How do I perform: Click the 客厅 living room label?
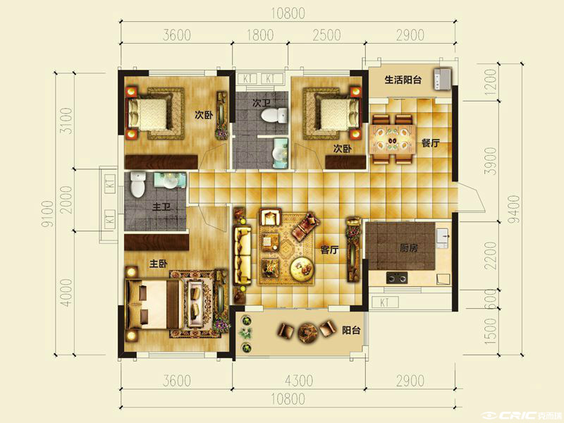tap(329, 250)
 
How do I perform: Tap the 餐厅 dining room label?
tap(430, 143)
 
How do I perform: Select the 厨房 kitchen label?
tap(409, 248)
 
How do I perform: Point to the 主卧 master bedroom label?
tap(158, 264)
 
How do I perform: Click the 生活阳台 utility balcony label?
tap(403, 80)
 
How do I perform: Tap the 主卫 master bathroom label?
tap(161, 207)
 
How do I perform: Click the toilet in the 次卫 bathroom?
tap(274, 115)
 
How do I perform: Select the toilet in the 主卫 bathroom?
tap(137, 185)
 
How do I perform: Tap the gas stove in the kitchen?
tap(397, 278)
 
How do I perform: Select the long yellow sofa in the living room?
tap(242, 254)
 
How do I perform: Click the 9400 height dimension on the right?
tap(515, 209)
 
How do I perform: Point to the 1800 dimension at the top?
tap(259, 35)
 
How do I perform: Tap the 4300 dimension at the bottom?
tap(298, 381)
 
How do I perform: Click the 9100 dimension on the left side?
tap(47, 214)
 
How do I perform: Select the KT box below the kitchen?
tap(384, 302)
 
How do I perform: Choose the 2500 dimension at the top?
tap(326, 35)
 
